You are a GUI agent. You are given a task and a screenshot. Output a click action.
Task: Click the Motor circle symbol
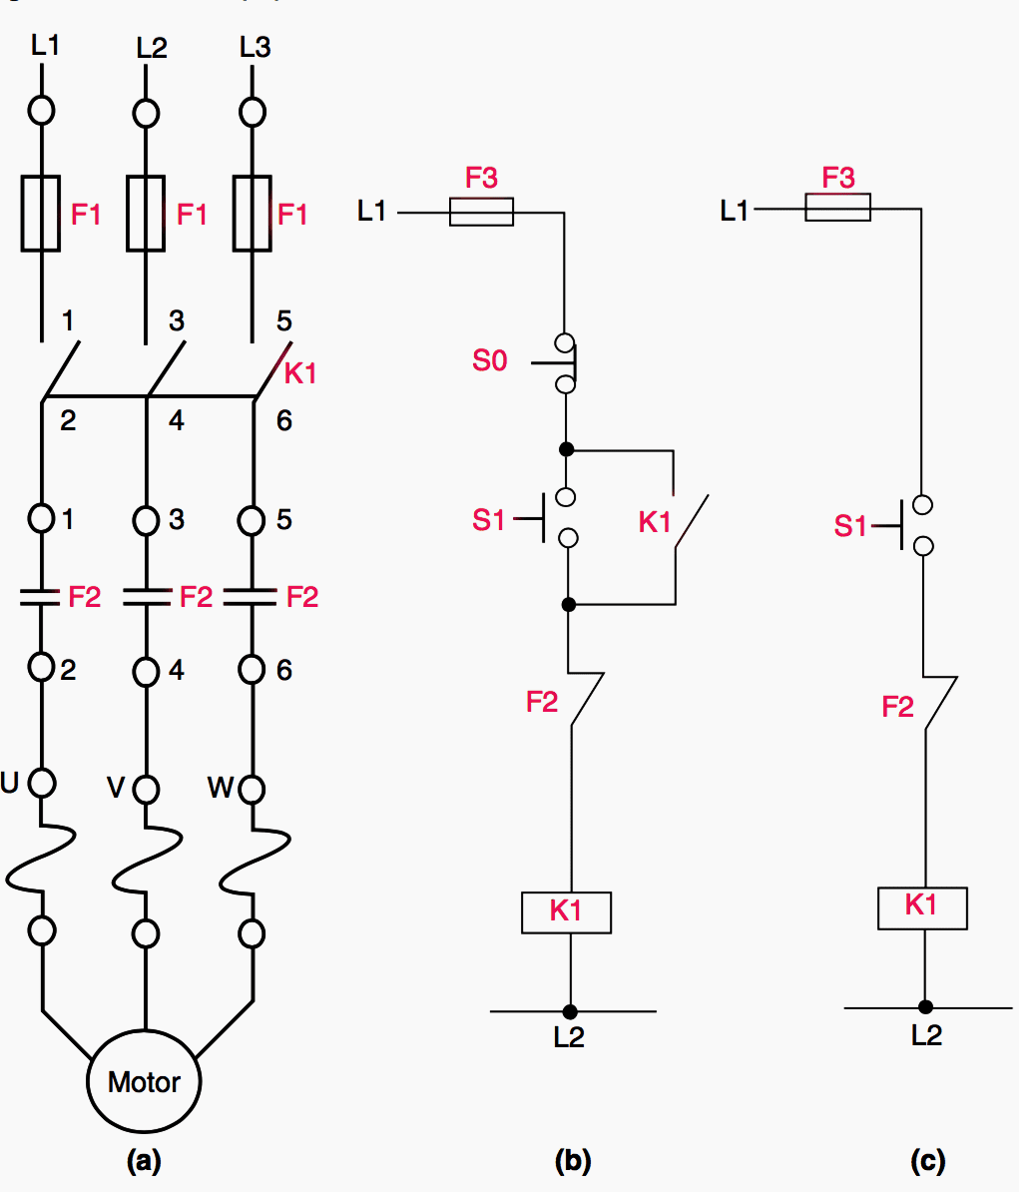coord(145,1082)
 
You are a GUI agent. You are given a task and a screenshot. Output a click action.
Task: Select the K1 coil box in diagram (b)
coord(566,911)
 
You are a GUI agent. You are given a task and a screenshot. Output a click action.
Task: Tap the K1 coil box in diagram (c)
coord(921,907)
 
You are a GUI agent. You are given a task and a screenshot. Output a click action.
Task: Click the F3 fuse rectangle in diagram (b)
coord(481,212)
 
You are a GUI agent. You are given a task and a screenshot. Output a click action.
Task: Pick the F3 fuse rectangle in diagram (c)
coord(837,208)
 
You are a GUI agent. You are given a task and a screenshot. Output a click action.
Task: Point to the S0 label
coord(489,360)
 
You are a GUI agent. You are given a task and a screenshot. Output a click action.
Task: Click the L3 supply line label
coord(255,47)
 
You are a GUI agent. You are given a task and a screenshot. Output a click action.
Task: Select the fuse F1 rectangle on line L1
coord(41,213)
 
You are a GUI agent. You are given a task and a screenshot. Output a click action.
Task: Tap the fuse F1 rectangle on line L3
coord(252,213)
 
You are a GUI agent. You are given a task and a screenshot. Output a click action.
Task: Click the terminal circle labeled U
coord(42,784)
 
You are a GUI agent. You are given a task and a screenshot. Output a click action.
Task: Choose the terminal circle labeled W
coord(253,789)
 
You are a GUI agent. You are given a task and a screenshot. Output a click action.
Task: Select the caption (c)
coord(927,1161)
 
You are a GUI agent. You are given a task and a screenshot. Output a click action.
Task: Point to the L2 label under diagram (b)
coord(569,1038)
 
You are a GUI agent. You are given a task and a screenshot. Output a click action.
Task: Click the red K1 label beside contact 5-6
coord(300,373)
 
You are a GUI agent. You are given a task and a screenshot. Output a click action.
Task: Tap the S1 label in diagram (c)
coord(850,525)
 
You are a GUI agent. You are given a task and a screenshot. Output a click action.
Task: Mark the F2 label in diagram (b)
coord(542,702)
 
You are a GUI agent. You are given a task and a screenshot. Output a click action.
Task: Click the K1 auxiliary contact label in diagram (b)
coord(655,521)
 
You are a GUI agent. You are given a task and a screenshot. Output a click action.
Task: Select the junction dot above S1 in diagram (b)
coord(567,449)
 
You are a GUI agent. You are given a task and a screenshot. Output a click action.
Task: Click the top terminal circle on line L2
coord(147,113)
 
